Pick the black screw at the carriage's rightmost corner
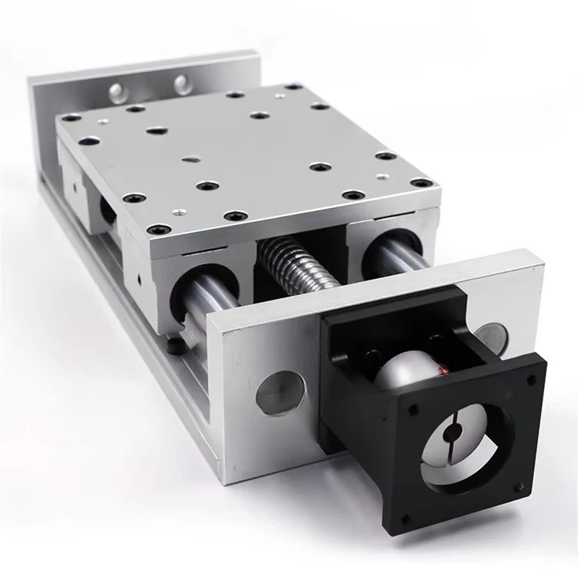point(422,183)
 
